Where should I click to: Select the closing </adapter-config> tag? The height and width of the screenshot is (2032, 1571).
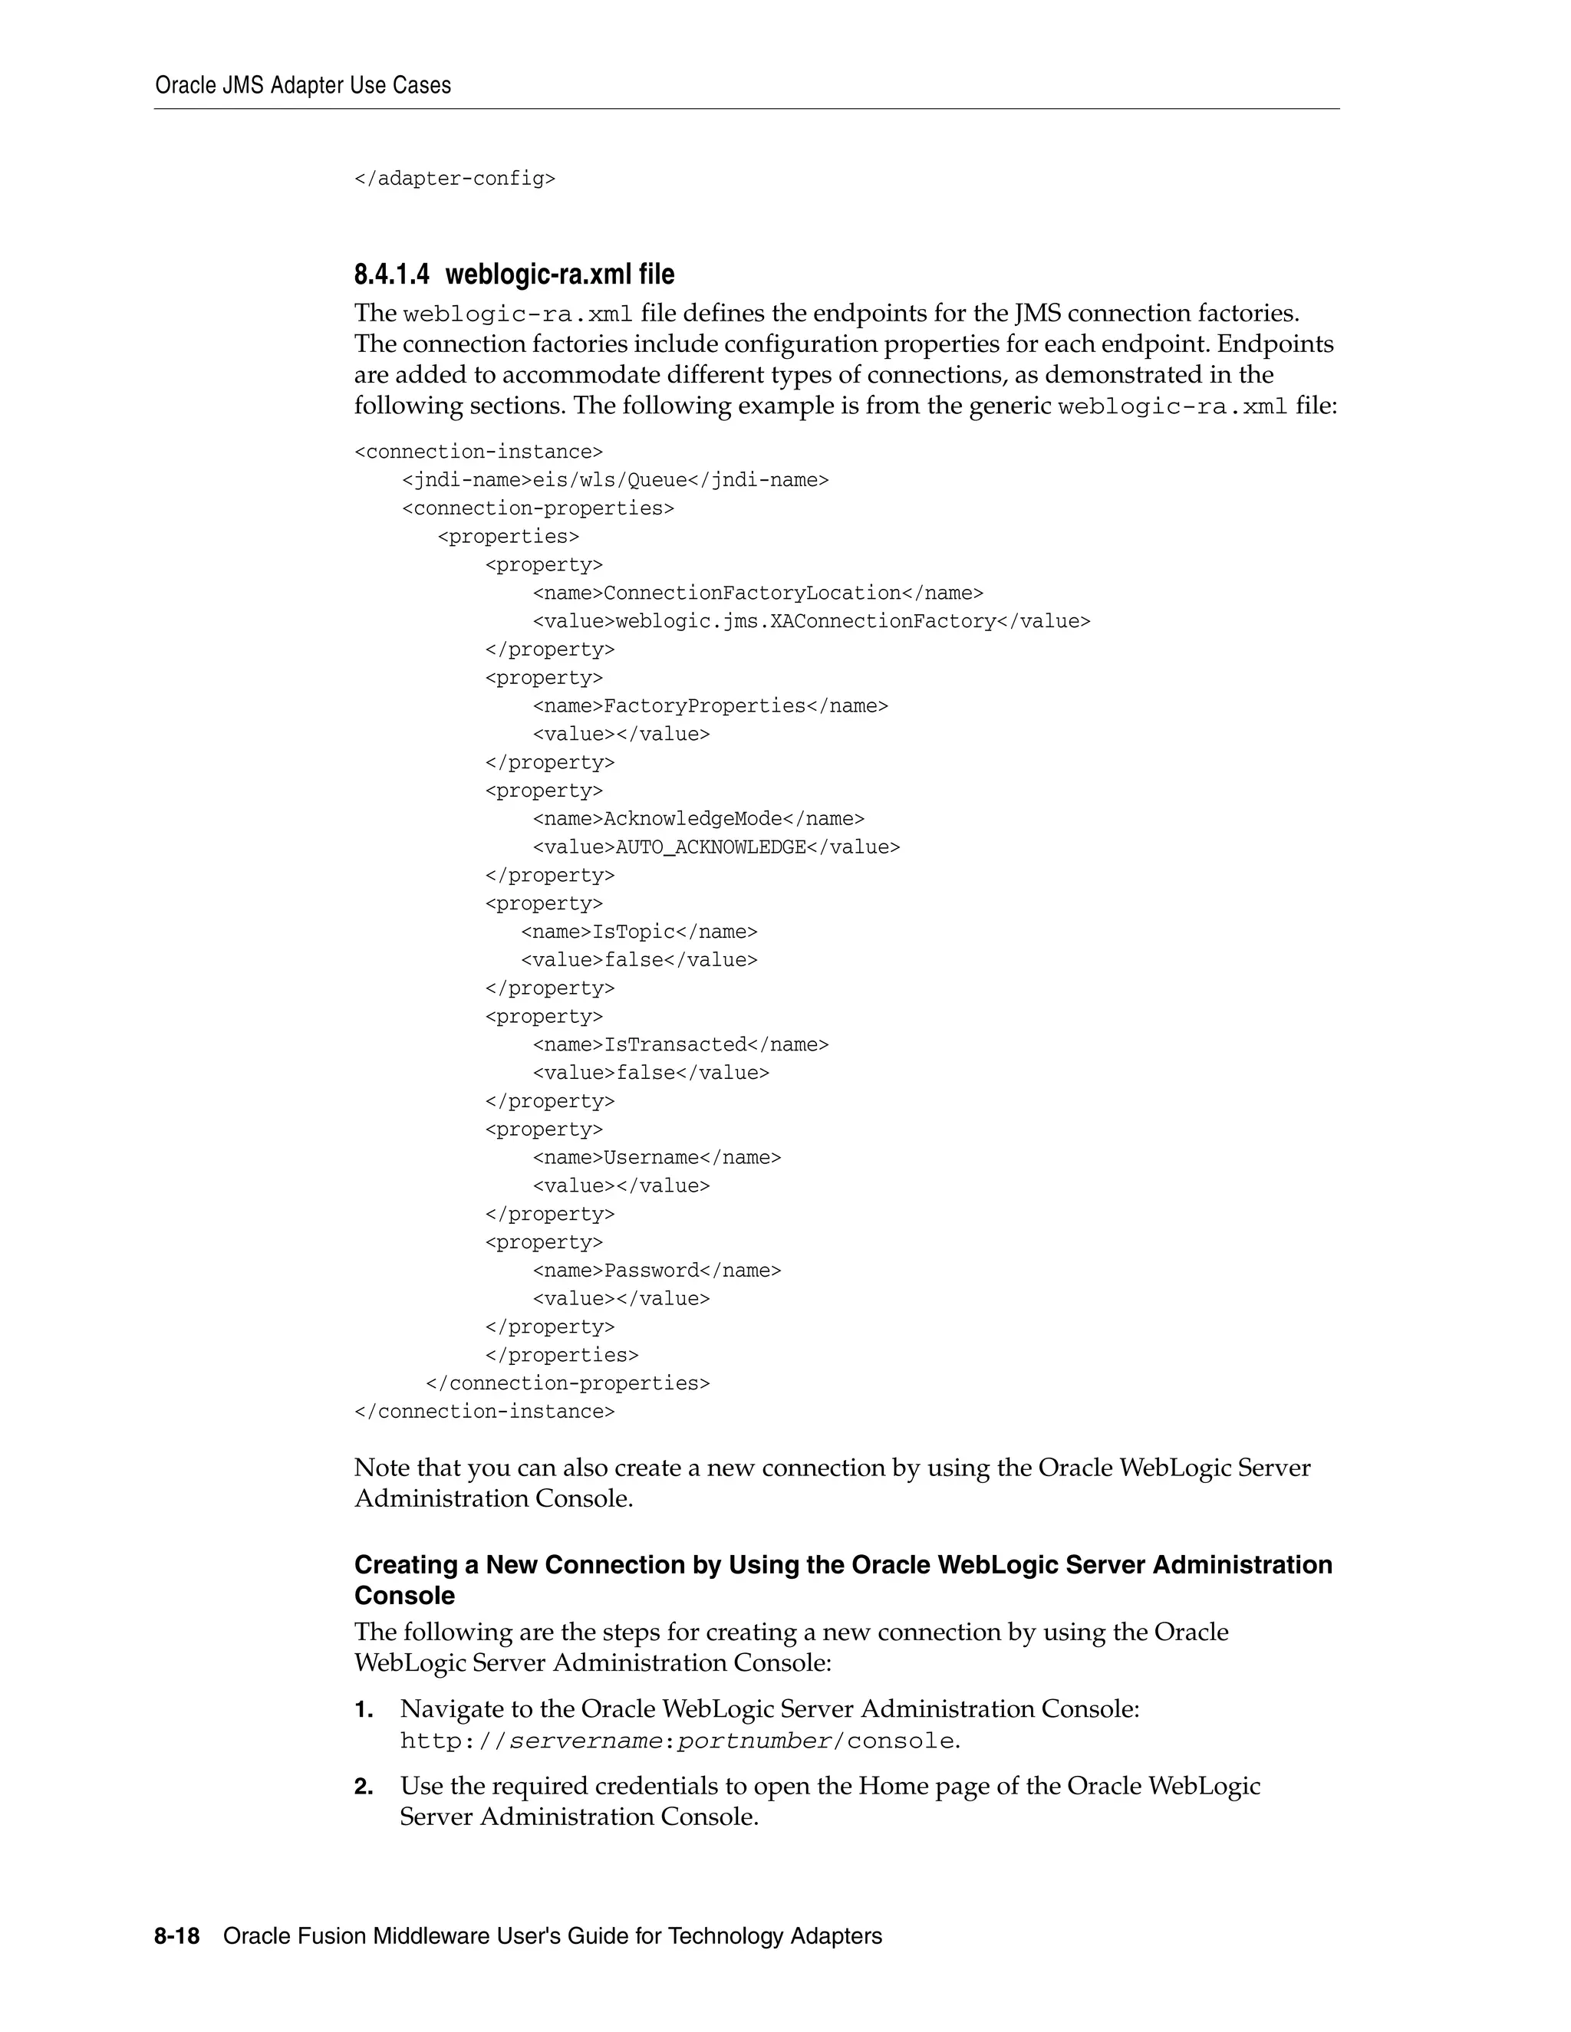[x=454, y=179]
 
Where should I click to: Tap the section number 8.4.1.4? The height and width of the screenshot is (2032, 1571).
[x=392, y=275]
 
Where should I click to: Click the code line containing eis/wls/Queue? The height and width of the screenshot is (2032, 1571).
[x=614, y=480]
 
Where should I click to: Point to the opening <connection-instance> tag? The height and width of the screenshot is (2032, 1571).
[x=479, y=452]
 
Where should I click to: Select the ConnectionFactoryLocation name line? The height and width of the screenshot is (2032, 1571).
[x=758, y=593]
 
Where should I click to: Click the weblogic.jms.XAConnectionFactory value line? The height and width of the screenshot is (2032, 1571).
[x=811, y=622]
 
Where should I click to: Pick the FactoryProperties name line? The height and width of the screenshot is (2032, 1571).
[x=710, y=706]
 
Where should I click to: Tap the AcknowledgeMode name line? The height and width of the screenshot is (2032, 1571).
[x=698, y=819]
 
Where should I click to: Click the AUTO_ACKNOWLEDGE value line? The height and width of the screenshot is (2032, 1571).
[x=716, y=847]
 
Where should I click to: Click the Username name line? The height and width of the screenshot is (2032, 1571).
[x=656, y=1157]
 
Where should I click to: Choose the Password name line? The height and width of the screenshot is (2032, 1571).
[x=656, y=1271]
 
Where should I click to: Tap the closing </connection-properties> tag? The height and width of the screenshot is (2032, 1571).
[x=567, y=1383]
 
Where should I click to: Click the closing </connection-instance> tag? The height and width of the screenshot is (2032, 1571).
[x=484, y=1412]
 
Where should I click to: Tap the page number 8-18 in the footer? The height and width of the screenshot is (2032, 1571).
[x=177, y=1936]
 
